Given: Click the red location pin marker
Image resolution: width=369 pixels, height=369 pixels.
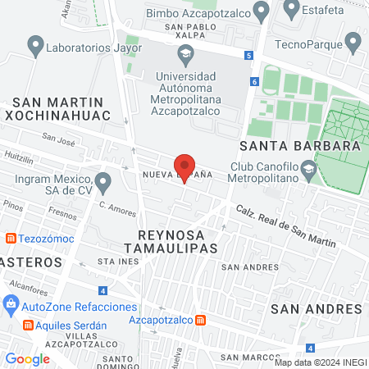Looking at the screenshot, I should coord(185,167).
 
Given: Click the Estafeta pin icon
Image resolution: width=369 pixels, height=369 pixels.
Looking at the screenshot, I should coord(290,9).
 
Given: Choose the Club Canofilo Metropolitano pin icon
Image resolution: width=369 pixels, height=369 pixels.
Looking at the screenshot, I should coord(308,171).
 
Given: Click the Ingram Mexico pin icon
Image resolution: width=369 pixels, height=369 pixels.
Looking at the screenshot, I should coord(102,180).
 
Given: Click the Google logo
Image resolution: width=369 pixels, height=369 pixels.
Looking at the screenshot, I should coord(27,358).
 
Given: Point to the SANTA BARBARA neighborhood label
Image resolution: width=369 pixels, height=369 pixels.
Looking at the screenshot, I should coord(299,145).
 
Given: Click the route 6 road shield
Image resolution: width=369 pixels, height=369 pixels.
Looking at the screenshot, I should coord(255,81).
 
